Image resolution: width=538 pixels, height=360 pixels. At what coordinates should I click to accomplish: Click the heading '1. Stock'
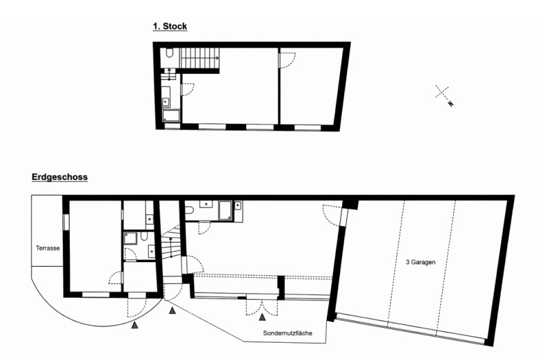click(x=170, y=26)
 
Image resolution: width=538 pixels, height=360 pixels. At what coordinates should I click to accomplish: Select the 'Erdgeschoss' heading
click(x=60, y=177)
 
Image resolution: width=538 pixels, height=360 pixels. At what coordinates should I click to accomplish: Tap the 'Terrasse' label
click(x=48, y=248)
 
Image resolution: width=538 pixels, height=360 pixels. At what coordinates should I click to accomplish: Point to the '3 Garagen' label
click(x=420, y=262)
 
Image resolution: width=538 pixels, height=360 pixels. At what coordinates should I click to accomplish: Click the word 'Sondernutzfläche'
click(x=288, y=333)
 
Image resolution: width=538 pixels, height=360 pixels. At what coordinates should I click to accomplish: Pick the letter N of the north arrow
click(x=450, y=103)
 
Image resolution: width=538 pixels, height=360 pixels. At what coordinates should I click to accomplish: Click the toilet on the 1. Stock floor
click(x=170, y=53)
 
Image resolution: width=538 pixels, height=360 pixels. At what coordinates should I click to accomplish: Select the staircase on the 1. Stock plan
click(x=201, y=58)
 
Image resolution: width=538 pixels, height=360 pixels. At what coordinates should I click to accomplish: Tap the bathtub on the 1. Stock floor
click(x=171, y=116)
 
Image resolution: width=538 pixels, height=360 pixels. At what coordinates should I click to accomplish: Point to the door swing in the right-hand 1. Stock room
click(x=288, y=60)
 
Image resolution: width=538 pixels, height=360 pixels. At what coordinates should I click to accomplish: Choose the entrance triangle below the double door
click(x=263, y=317)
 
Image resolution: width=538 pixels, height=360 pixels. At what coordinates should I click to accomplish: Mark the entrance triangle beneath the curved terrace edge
click(x=134, y=325)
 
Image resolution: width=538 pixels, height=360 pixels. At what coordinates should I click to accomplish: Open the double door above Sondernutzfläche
click(x=262, y=308)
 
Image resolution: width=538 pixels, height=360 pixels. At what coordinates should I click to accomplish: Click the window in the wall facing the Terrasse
click(x=66, y=221)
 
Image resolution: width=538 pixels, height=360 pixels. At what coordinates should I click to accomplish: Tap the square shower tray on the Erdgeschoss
click(x=130, y=238)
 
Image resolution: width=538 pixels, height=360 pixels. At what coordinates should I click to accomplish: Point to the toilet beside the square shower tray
click(x=144, y=236)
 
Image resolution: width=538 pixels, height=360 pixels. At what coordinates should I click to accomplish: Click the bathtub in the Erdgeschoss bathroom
click(x=226, y=210)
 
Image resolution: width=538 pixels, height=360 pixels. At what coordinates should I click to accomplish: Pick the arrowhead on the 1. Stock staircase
click(x=217, y=58)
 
